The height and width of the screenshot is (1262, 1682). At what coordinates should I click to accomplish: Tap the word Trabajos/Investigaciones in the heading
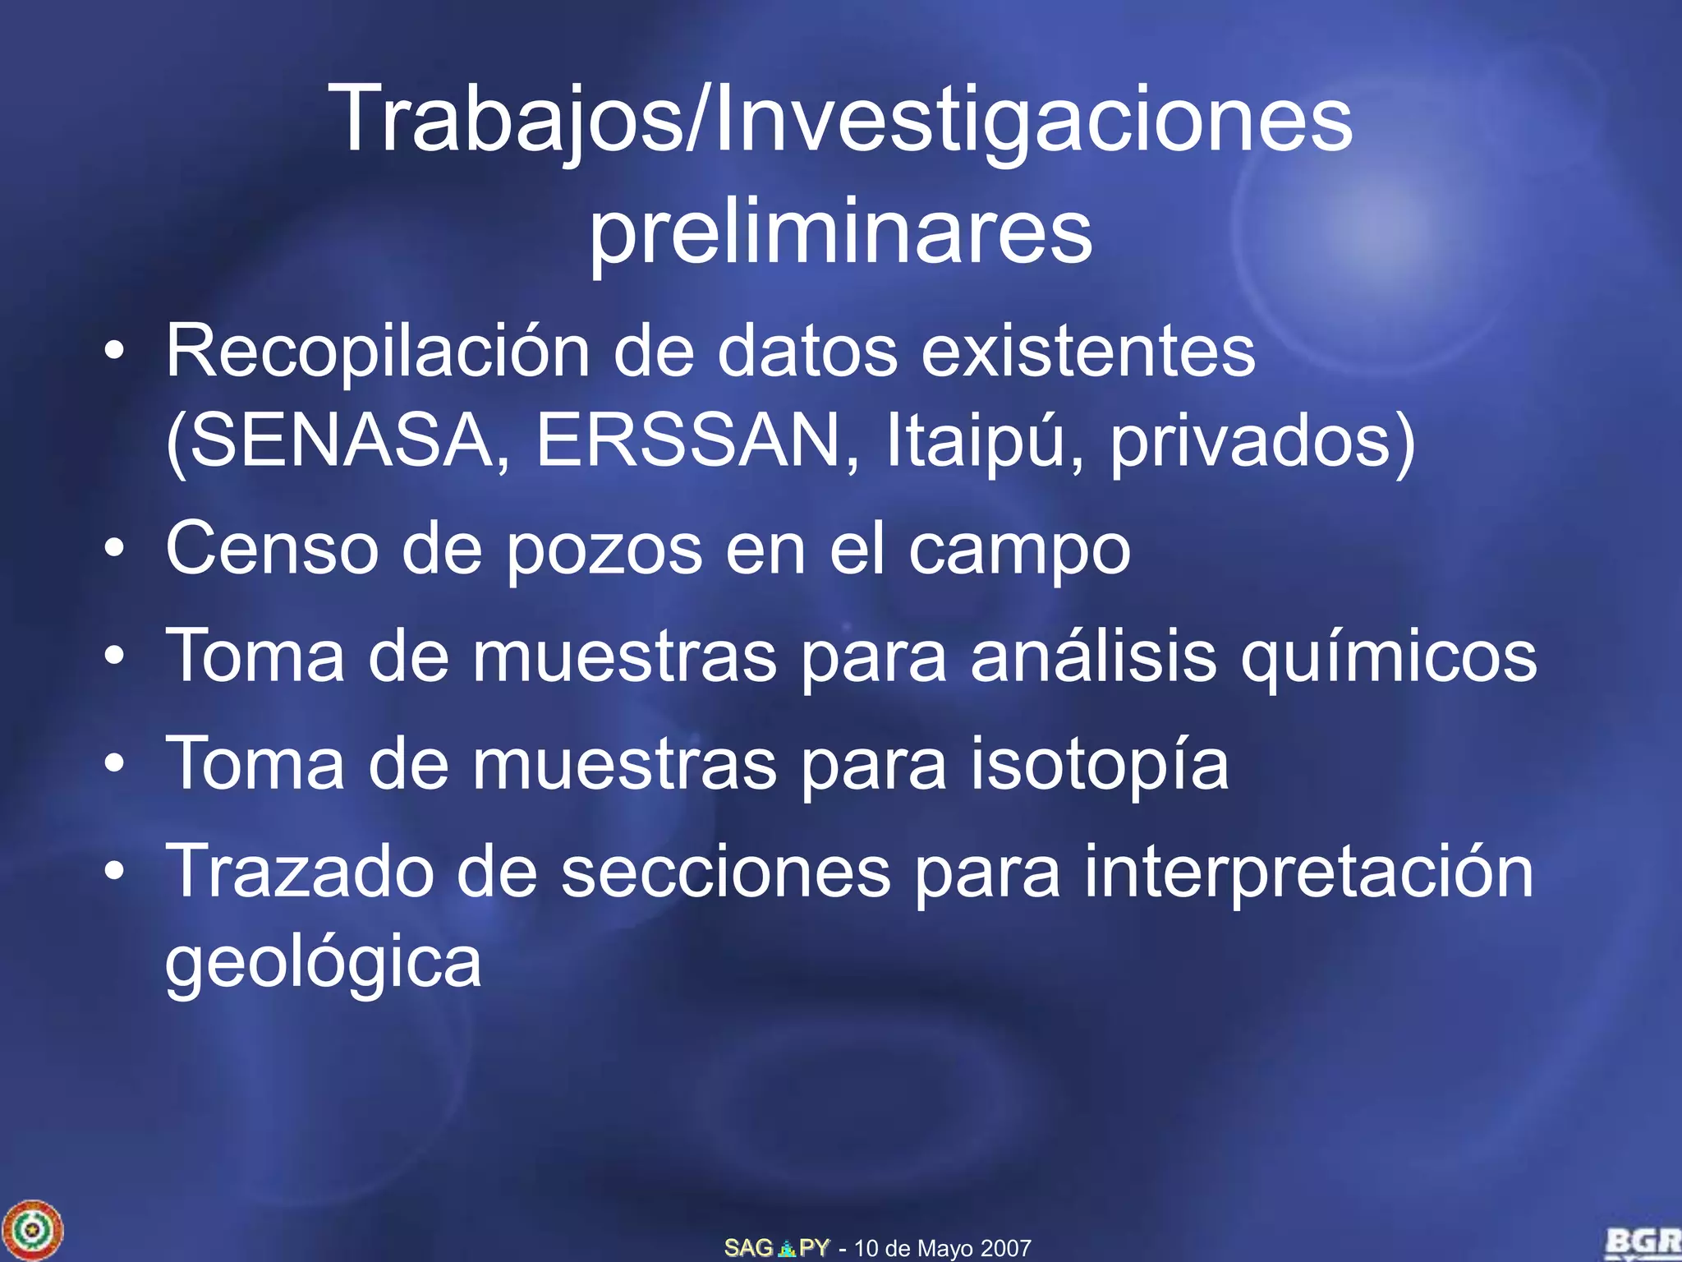click(x=840, y=120)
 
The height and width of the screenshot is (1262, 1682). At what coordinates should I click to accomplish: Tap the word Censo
click(x=272, y=548)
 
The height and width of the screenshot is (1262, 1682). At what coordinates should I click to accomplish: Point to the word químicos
click(x=1388, y=657)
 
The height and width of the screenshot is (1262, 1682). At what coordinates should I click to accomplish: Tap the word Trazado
click(x=300, y=871)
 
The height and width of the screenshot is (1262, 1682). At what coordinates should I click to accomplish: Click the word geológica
click(x=323, y=963)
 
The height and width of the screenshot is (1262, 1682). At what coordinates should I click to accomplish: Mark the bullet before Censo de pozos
click(x=115, y=548)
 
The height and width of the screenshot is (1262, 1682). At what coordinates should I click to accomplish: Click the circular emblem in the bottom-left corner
click(x=32, y=1230)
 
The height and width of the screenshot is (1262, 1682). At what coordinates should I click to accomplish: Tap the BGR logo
click(x=1643, y=1242)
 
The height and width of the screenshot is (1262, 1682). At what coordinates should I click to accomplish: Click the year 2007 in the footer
click(x=1005, y=1249)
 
